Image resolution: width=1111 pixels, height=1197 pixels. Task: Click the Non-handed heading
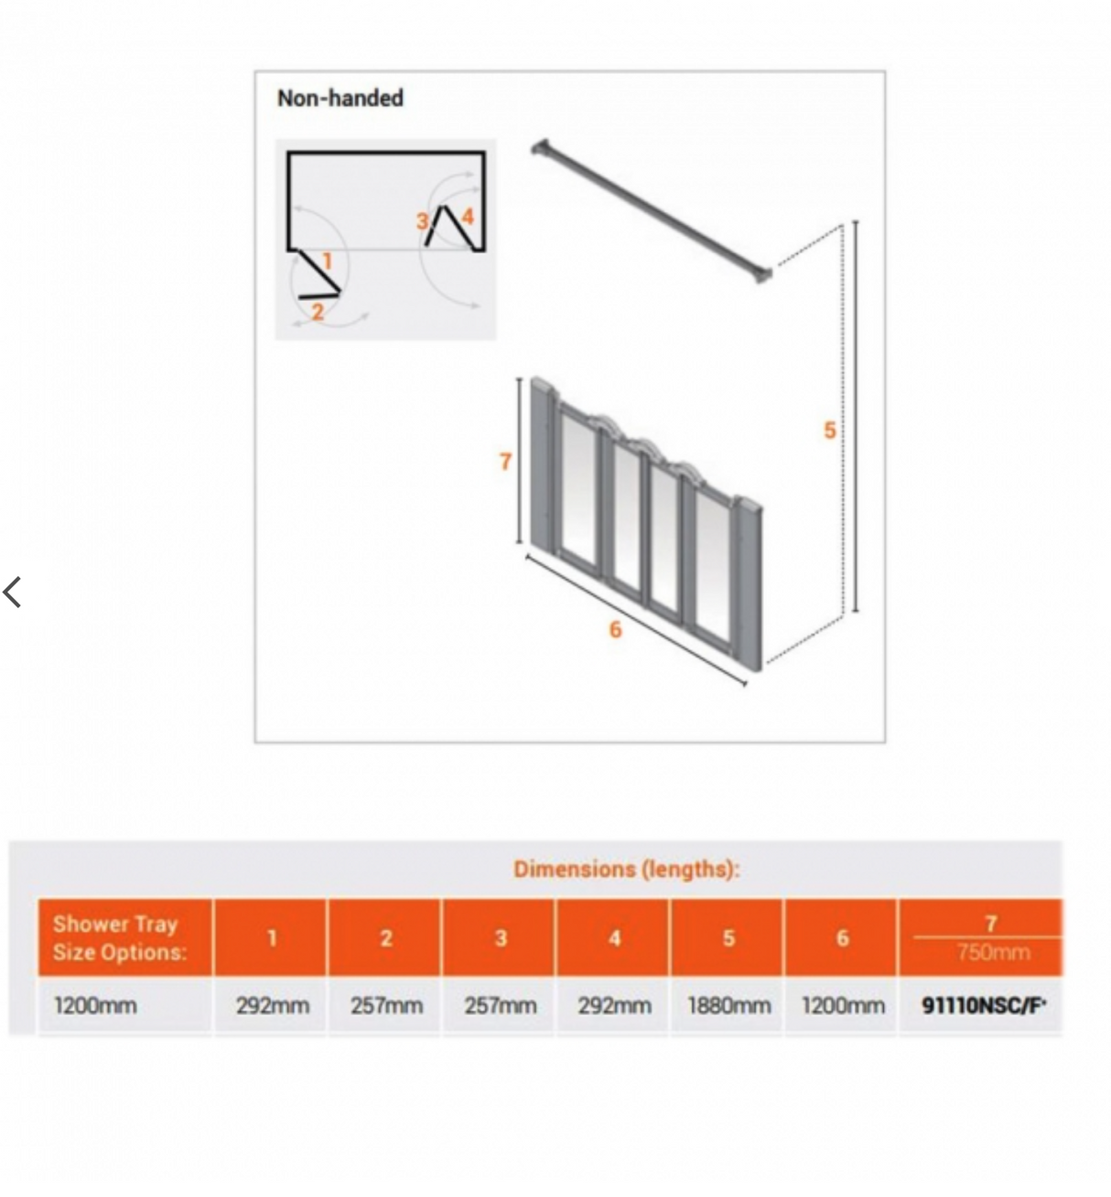(340, 98)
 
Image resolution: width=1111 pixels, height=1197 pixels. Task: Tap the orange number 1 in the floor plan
(327, 262)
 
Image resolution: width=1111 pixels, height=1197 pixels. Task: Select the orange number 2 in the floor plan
(318, 312)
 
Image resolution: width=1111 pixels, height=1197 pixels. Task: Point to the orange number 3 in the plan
(422, 221)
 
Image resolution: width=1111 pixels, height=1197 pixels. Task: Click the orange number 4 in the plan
(468, 217)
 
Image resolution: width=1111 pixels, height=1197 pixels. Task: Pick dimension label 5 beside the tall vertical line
(829, 430)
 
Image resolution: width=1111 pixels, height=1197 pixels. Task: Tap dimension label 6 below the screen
(615, 629)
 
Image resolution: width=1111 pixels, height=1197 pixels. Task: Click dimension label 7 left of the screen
(505, 462)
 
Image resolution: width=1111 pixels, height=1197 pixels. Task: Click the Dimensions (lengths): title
(626, 869)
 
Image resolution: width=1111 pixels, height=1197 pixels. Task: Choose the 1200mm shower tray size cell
(95, 1006)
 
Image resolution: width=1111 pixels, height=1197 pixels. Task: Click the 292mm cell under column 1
(272, 1006)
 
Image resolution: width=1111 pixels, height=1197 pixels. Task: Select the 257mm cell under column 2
(386, 1006)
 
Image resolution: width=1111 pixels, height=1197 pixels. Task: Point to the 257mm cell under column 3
(500, 1006)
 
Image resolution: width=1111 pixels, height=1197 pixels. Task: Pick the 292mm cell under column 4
(614, 1006)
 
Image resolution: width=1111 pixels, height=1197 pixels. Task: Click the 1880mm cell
(728, 1006)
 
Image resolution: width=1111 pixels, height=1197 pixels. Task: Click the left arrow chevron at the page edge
(13, 593)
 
